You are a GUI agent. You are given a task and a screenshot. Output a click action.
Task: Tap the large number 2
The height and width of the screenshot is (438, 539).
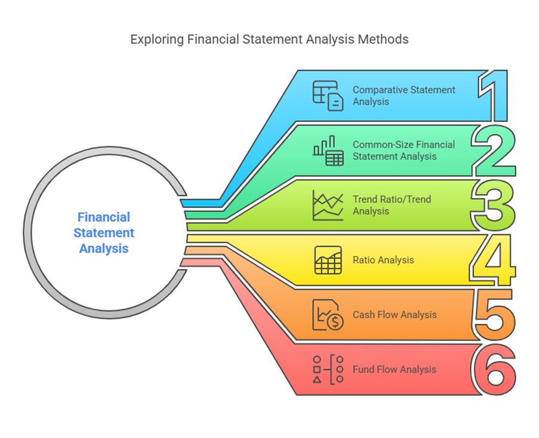494,150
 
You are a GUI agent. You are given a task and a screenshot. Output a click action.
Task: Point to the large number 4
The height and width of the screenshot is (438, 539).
494,260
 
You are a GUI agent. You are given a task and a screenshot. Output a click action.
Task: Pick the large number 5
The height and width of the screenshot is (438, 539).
494,314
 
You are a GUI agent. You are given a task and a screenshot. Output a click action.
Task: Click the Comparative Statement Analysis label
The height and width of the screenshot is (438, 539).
404,96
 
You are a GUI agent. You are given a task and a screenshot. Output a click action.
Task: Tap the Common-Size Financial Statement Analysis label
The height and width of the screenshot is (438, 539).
404,151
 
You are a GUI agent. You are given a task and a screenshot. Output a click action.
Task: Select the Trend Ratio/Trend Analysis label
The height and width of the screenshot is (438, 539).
392,205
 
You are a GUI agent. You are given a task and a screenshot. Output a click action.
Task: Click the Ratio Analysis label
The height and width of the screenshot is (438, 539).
383,260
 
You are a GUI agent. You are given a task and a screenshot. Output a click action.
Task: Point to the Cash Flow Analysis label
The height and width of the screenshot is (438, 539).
395,315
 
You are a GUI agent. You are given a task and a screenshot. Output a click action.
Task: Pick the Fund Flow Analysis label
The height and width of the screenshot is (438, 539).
395,369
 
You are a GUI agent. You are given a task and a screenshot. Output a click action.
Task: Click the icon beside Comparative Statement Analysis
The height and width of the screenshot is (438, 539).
328,96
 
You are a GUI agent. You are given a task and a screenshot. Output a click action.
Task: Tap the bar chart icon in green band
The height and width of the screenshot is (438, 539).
328,151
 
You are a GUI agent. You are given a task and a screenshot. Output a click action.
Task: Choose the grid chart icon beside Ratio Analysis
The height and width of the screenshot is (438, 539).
328,260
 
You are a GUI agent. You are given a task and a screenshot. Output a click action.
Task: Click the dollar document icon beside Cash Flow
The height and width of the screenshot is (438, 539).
328,315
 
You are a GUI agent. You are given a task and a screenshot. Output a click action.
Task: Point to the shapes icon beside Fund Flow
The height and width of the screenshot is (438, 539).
328,369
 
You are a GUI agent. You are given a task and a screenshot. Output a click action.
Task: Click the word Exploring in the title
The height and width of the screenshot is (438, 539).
157,39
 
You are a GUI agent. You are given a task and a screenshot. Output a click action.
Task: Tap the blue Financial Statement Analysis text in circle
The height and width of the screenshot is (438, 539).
104,232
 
